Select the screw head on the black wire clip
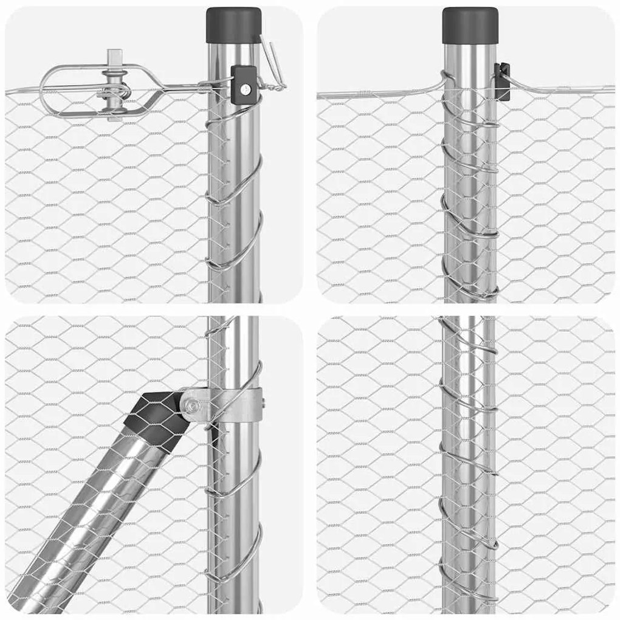pyautogui.click(x=246, y=88)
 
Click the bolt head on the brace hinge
pyautogui.click(x=192, y=403)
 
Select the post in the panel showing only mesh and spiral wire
pyautogui.click(x=467, y=462)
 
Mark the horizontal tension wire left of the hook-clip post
pyautogui.click(x=377, y=94)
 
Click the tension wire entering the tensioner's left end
pyautogui.click(x=21, y=92)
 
